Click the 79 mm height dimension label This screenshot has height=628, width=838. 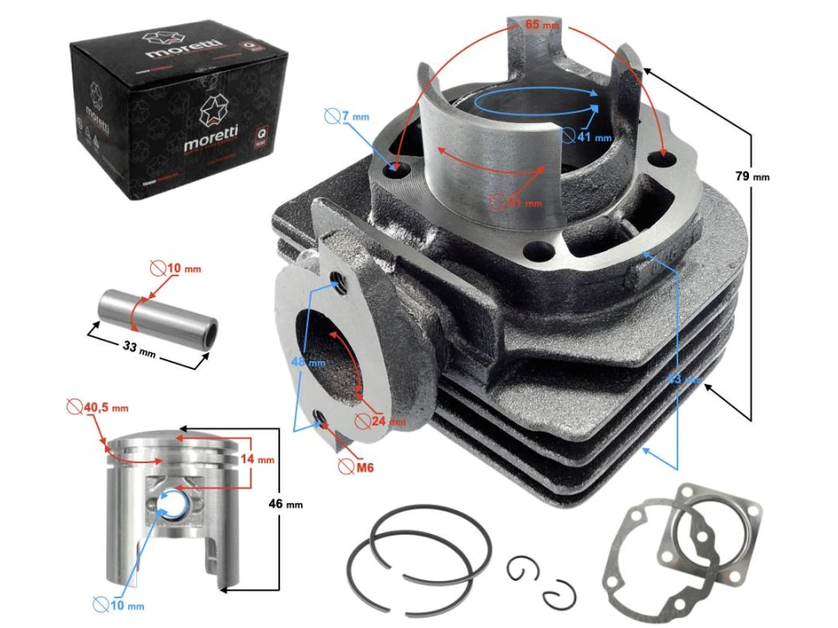click(752, 177)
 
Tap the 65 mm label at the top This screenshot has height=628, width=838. click(542, 26)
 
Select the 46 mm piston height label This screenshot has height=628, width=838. click(292, 504)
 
